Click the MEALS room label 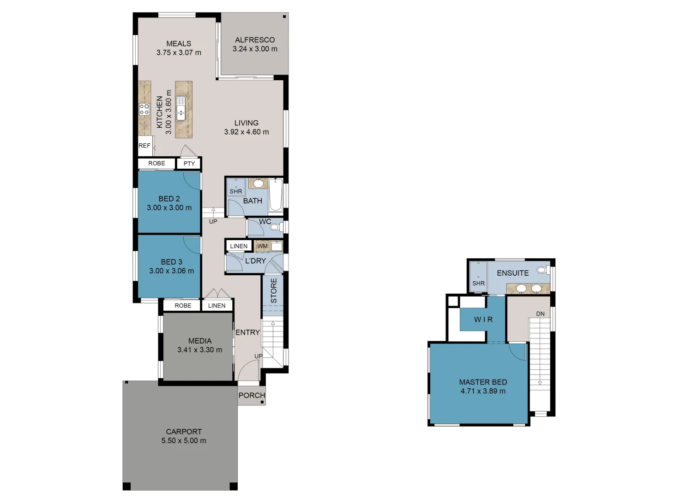tap(179, 44)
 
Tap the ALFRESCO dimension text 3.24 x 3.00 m tap(255, 49)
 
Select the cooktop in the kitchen tap(144, 109)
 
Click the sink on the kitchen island tap(181, 108)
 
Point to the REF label tap(144, 146)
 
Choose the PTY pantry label tap(189, 164)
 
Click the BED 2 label tap(169, 199)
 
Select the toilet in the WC tap(276, 227)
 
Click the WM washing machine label tap(262, 246)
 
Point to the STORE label tap(274, 290)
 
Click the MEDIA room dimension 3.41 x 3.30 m tap(199, 350)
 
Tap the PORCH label tap(252, 396)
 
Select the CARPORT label tap(184, 432)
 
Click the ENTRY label tap(247, 332)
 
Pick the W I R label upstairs tap(483, 320)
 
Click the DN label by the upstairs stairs tap(540, 314)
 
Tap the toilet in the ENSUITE tap(542, 270)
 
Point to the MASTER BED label tap(483, 382)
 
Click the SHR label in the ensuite tap(478, 283)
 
